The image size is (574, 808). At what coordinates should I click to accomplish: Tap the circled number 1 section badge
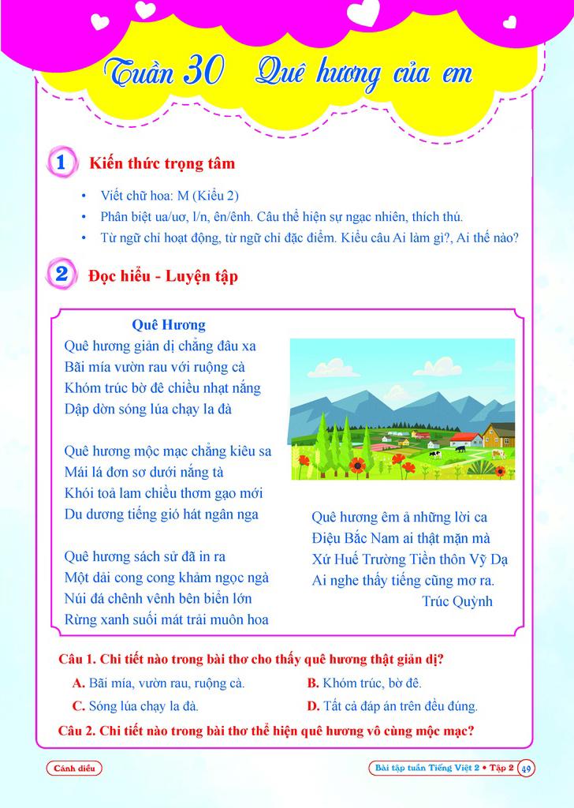tap(61, 163)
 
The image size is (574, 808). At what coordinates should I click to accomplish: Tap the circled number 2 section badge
tap(61, 275)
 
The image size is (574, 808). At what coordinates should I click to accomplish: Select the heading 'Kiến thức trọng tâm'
tap(162, 164)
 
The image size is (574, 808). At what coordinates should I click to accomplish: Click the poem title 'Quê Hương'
tap(169, 324)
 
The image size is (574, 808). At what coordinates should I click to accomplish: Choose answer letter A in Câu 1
tap(78, 683)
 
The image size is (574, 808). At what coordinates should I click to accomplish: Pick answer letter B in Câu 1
tap(312, 683)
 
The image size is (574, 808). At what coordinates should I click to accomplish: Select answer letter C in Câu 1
tap(78, 706)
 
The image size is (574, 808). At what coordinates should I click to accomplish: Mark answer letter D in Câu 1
tap(312, 706)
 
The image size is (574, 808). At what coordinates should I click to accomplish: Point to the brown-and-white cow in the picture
tap(497, 454)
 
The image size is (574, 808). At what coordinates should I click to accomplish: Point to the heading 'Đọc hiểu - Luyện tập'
tap(163, 276)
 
